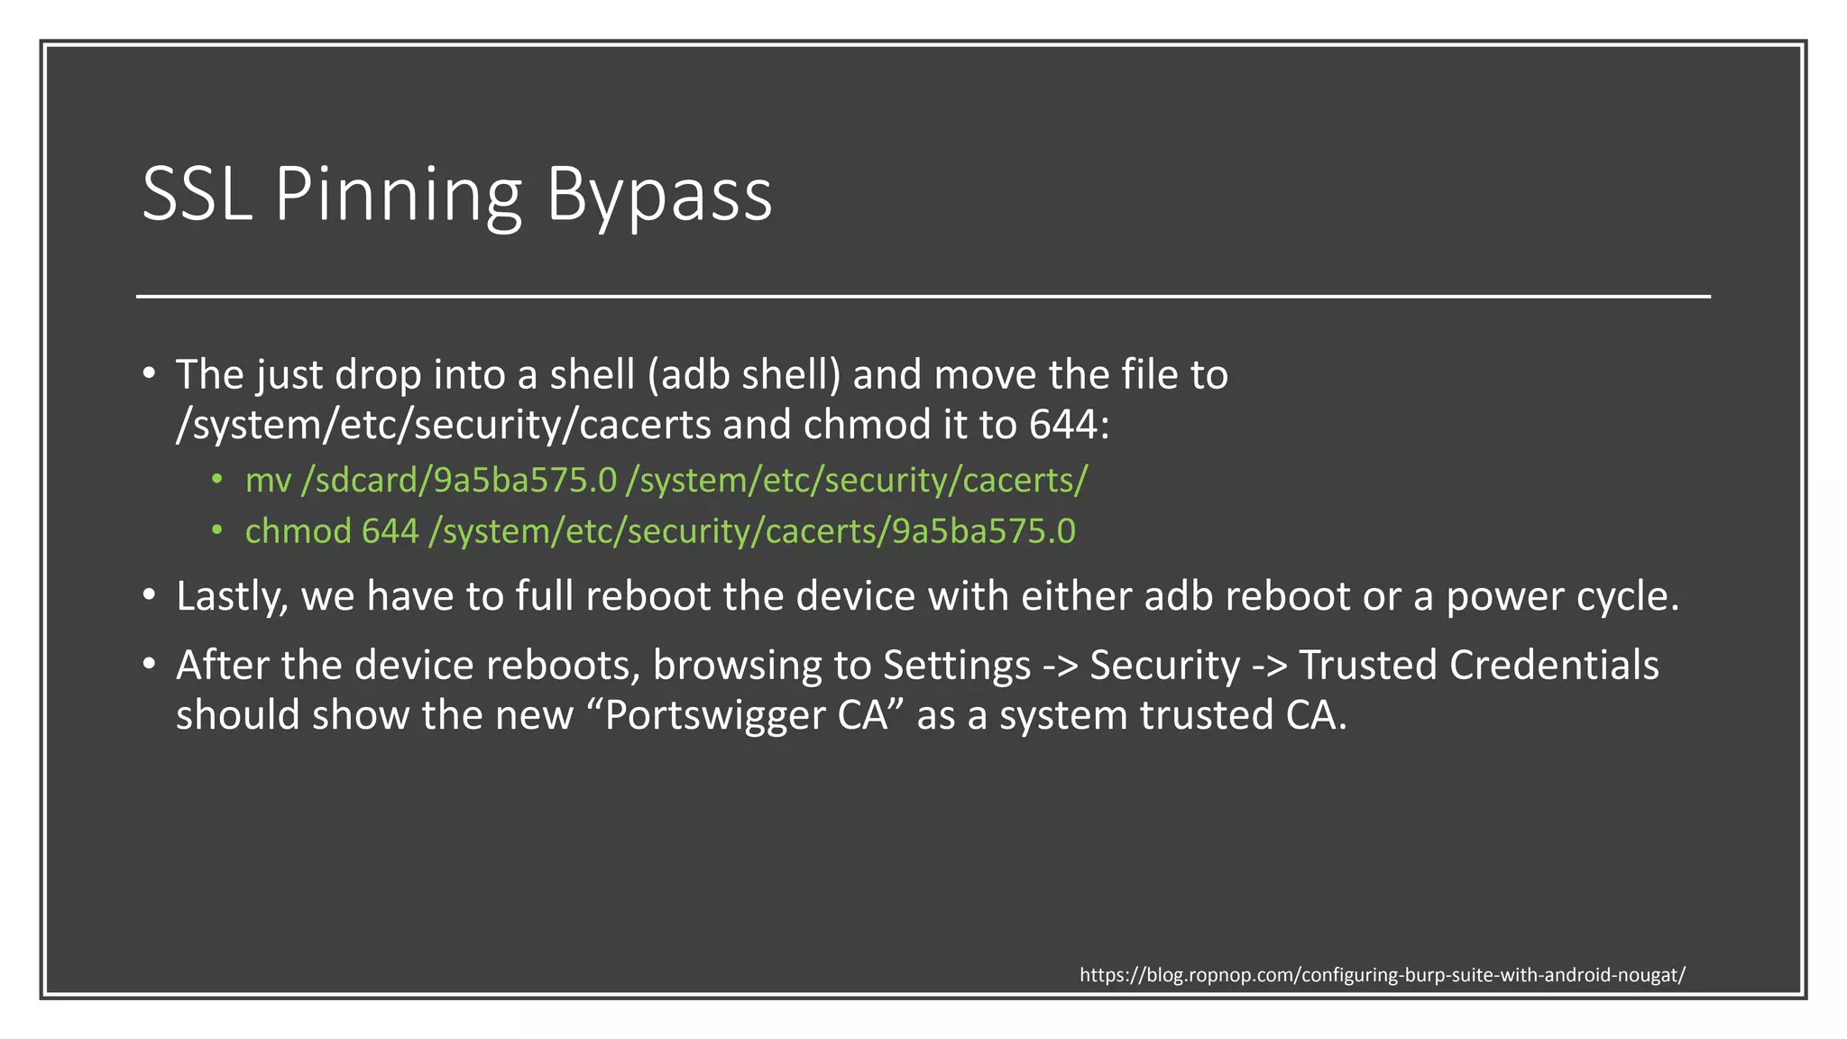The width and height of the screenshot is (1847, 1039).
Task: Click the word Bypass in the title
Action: click(659, 195)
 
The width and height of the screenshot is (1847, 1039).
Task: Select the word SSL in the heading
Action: click(196, 195)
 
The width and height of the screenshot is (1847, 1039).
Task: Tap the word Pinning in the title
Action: click(398, 195)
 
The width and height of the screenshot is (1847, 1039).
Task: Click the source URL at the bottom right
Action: click(1382, 975)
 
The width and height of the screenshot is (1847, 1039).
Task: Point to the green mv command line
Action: click(666, 480)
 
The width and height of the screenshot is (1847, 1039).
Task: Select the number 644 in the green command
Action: click(390, 531)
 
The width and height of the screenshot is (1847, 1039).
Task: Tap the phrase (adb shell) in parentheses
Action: click(743, 374)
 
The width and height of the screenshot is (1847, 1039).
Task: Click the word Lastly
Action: click(232, 596)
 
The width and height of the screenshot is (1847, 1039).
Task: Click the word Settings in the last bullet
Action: click(956, 666)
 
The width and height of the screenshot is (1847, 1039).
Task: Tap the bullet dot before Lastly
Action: click(150, 594)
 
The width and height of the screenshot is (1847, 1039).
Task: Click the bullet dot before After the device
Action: click(150, 664)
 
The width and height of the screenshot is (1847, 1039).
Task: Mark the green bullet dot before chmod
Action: click(217, 530)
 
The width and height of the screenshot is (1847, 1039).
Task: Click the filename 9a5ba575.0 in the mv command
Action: click(526, 480)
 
